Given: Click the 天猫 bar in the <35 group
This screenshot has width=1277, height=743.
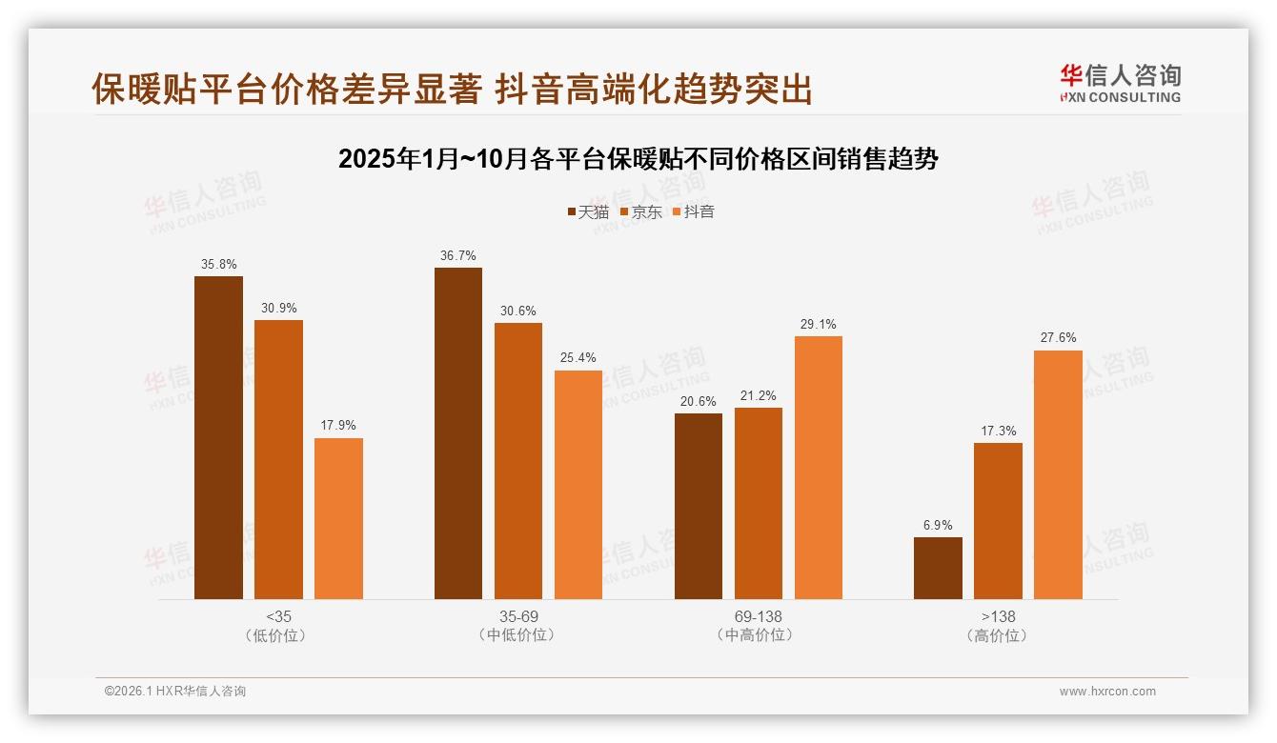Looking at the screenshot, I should pyautogui.click(x=218, y=437).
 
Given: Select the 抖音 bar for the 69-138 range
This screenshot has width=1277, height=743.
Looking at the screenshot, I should pyautogui.click(x=818, y=467).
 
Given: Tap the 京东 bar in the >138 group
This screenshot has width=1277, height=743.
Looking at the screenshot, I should pyautogui.click(x=998, y=520).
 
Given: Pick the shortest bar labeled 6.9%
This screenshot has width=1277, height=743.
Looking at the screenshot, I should pyautogui.click(x=938, y=568).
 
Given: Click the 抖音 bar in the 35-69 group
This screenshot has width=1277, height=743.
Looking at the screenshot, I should pyautogui.click(x=578, y=484).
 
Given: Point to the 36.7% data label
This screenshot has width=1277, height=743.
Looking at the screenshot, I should pyautogui.click(x=458, y=256).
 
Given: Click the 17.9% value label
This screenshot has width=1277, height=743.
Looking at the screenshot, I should pyautogui.click(x=338, y=426).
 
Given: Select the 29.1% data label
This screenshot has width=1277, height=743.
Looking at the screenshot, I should pyautogui.click(x=818, y=325).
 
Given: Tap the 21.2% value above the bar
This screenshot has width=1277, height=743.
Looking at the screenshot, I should pyautogui.click(x=758, y=396).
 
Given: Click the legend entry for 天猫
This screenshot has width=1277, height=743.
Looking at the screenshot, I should pyautogui.click(x=588, y=211).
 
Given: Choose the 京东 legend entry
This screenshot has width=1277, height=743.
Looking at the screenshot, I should pyautogui.click(x=641, y=211).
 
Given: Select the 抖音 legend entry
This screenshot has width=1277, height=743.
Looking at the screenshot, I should pyautogui.click(x=694, y=211).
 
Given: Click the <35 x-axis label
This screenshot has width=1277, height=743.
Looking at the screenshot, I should pyautogui.click(x=278, y=616).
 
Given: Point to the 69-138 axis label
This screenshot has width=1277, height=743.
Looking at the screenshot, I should pyautogui.click(x=758, y=616).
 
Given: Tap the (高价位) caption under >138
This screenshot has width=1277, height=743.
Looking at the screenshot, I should pyautogui.click(x=998, y=635).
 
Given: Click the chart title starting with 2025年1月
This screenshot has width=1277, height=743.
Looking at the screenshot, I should pyautogui.click(x=638, y=159).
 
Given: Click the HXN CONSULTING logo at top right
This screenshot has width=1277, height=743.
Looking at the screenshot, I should pyautogui.click(x=1121, y=84).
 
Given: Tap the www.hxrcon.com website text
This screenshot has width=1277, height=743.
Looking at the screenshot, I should pyautogui.click(x=1107, y=692).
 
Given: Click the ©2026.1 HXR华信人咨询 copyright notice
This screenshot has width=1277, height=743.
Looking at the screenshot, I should pyautogui.click(x=175, y=692).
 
